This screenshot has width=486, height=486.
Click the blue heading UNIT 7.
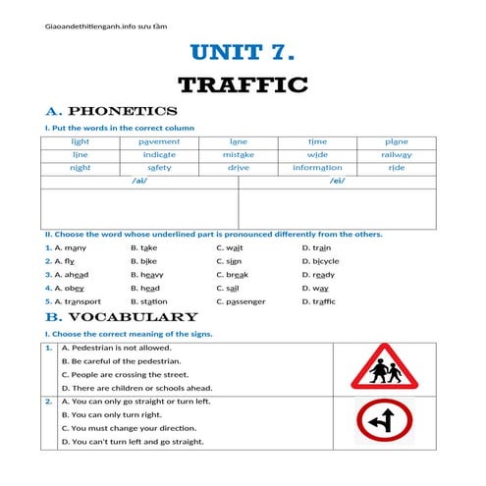pos(242,52)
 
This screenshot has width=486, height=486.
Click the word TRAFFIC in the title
pos(243,85)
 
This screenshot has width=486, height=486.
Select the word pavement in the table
pos(159,141)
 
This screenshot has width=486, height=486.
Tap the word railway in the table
pos(396,154)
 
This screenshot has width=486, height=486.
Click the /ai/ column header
pos(138,181)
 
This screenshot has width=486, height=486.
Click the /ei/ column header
pos(337,181)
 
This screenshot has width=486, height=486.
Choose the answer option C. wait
pos(229,248)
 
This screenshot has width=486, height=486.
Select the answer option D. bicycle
pos(320,261)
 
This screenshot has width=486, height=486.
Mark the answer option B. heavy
pos(148,275)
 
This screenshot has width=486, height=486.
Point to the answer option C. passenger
pos(240,301)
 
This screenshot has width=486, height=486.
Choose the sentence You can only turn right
pos(112,414)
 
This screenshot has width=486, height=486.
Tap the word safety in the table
pos(159,167)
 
